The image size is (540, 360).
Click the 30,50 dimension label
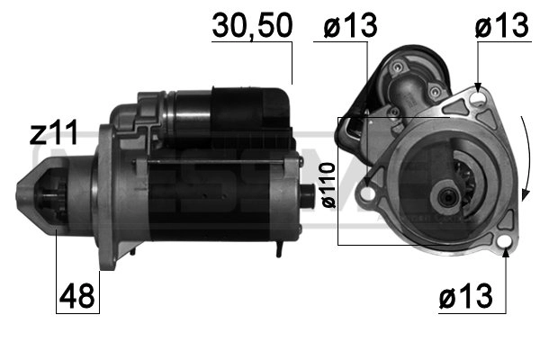point(252,27)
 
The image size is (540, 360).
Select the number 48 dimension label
point(78,297)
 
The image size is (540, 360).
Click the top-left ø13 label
point(345,27)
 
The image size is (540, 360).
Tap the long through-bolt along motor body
point(216,161)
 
